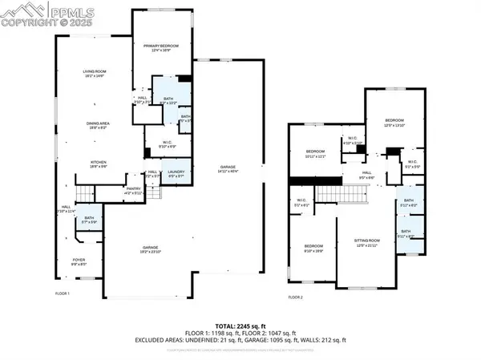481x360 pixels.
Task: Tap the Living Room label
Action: click(x=95, y=74)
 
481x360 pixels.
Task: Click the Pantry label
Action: click(x=132, y=190)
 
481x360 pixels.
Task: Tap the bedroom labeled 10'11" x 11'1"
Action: click(x=315, y=154)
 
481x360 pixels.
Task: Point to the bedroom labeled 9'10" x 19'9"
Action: click(x=313, y=248)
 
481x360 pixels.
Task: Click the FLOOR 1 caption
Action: click(x=63, y=293)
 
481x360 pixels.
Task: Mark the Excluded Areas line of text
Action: click(x=240, y=340)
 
